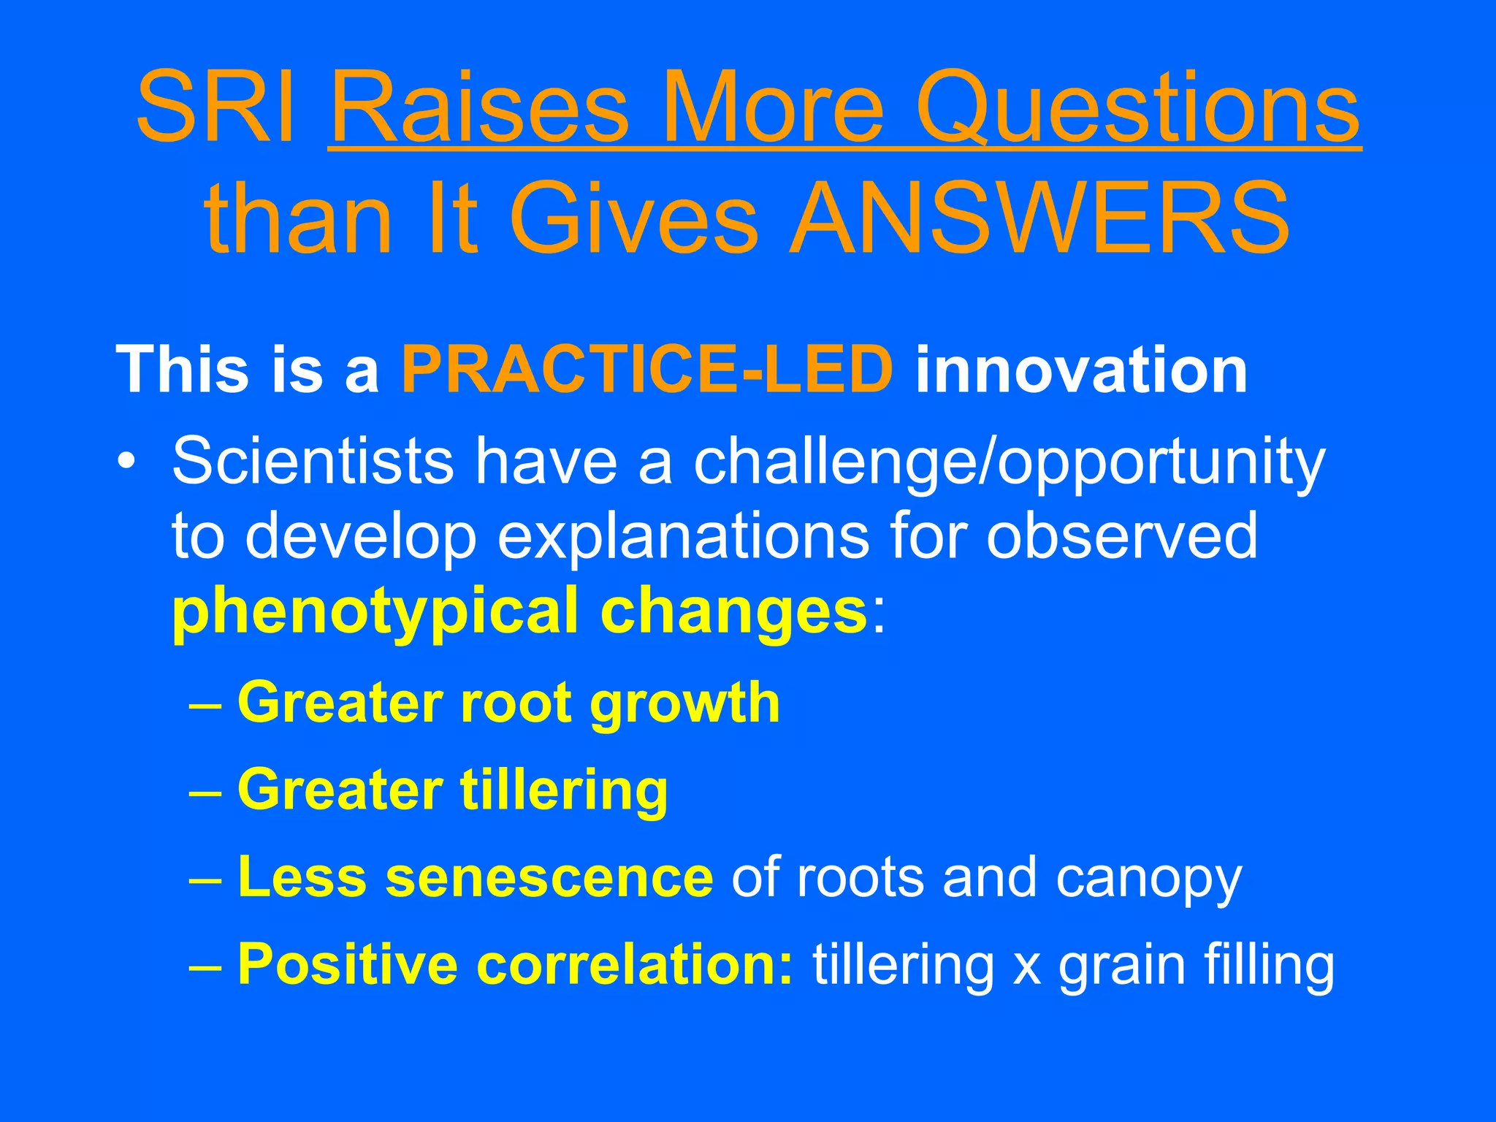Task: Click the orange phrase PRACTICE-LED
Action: coord(647,370)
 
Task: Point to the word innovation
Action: coord(1081,370)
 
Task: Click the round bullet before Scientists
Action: coord(128,465)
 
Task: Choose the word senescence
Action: coord(549,877)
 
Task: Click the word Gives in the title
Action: coord(633,219)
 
